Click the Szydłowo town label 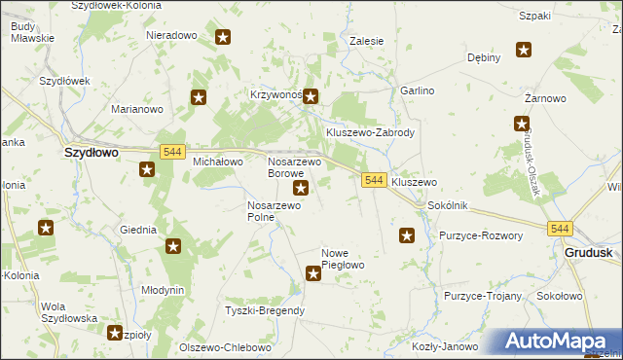tap(91, 153)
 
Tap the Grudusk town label tap(588, 252)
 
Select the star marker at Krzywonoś tap(311, 96)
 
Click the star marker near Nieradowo tap(223, 38)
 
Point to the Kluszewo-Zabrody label tap(371, 132)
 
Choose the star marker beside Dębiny tap(524, 51)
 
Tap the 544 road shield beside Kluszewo tap(374, 181)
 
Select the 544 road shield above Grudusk tap(558, 229)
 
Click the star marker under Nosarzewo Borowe tap(301, 188)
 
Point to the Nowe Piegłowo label tap(343, 259)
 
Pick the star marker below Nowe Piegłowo tap(313, 274)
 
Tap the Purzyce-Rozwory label tap(481, 235)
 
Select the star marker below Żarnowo tap(522, 124)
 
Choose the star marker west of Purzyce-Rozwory tap(407, 234)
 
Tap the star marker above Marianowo tap(199, 97)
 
